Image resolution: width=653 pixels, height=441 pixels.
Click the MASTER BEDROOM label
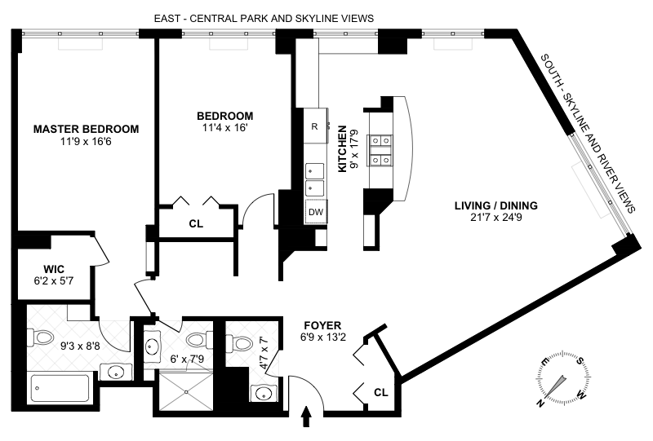[87, 129]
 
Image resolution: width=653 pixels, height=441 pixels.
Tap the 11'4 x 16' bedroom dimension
[225, 128]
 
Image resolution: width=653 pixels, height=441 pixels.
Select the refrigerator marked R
[315, 126]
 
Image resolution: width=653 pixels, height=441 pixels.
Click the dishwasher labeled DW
[316, 212]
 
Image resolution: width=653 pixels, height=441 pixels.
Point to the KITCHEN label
[342, 149]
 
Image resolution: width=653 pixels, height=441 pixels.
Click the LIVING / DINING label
[496, 205]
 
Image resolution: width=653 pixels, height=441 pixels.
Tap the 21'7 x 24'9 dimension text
[496, 217]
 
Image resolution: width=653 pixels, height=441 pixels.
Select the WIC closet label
[54, 269]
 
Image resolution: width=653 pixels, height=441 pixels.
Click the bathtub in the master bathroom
[60, 388]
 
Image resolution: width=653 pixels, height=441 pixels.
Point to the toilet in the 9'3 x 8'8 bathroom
[40, 337]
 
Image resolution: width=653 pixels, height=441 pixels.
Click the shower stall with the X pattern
[186, 391]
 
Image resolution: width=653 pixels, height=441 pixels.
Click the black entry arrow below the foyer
[307, 417]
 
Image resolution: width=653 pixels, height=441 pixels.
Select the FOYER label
[322, 325]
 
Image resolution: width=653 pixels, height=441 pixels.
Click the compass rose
[562, 378]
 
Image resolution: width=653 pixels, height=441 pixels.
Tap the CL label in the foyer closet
[381, 392]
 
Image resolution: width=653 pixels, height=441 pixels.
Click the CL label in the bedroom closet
[196, 224]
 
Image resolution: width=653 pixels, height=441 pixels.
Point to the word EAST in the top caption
[167, 19]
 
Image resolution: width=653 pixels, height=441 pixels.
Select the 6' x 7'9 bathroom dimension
[187, 359]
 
